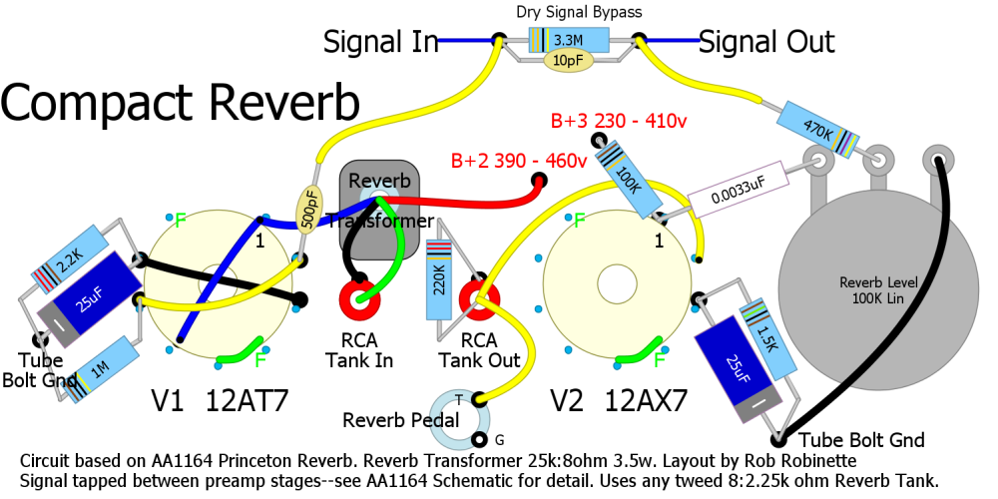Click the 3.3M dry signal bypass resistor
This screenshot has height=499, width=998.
(x=568, y=40)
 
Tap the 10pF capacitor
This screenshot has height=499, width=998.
(x=568, y=61)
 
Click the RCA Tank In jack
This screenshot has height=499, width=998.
(x=358, y=297)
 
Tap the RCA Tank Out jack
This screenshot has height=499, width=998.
(x=478, y=297)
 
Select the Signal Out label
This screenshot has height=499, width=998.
(x=766, y=42)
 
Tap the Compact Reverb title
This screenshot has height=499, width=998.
(x=181, y=103)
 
